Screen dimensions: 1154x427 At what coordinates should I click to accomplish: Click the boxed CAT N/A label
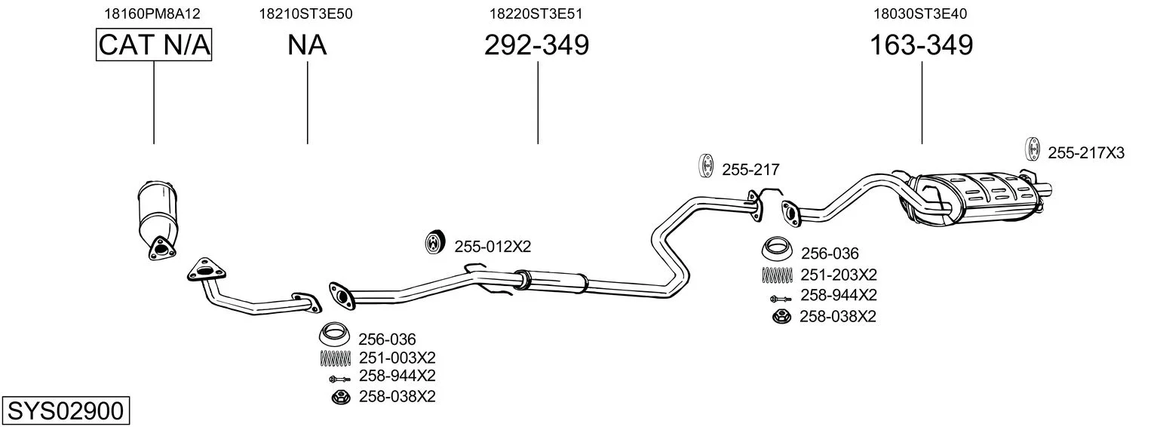[154, 45]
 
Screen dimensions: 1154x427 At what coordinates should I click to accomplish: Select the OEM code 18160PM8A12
[152, 14]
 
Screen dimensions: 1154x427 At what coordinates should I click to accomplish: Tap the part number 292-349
[536, 45]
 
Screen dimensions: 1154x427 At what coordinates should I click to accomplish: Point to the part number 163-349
[921, 45]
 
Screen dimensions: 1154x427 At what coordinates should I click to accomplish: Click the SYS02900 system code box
[66, 411]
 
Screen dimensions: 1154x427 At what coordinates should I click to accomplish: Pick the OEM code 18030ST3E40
[920, 14]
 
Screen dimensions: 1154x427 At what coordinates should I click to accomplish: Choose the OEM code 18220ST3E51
[536, 14]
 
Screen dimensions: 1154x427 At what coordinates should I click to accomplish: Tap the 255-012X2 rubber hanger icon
[435, 242]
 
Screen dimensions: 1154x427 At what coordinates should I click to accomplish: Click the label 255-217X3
[1086, 153]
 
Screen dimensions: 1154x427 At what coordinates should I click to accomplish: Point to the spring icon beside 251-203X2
[777, 275]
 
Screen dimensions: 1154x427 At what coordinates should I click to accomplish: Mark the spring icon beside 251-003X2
[335, 358]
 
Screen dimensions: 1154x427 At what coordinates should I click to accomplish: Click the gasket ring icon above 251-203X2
[777, 249]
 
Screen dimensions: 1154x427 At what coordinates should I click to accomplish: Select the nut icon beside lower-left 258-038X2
[340, 397]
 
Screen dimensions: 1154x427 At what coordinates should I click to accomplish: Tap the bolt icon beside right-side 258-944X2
[780, 298]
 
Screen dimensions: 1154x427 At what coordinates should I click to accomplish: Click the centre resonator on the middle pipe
[551, 281]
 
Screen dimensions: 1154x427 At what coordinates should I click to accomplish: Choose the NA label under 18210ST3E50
[307, 45]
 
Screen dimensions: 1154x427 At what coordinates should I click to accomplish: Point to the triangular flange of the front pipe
[207, 270]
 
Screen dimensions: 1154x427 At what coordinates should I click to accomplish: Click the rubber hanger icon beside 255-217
[707, 166]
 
